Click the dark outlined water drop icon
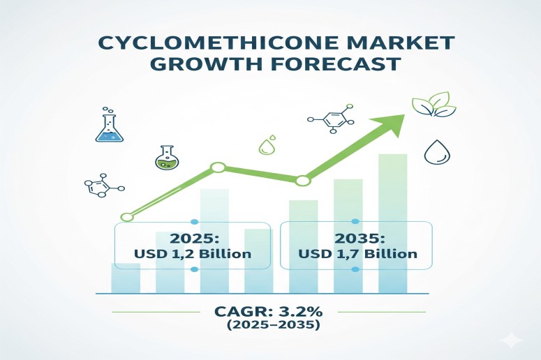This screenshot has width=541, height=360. click(x=438, y=152)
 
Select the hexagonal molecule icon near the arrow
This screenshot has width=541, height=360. click(x=336, y=119)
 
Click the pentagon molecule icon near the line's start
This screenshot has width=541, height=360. click(x=100, y=186)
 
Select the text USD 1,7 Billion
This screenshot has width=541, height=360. click(x=357, y=254)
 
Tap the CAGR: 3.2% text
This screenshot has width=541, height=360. click(x=269, y=311)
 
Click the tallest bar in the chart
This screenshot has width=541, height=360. click(x=392, y=223)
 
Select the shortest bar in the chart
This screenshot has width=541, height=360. click(x=125, y=278)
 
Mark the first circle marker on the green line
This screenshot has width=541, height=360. click(x=126, y=217)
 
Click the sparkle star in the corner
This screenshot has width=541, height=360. click(x=513, y=340)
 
